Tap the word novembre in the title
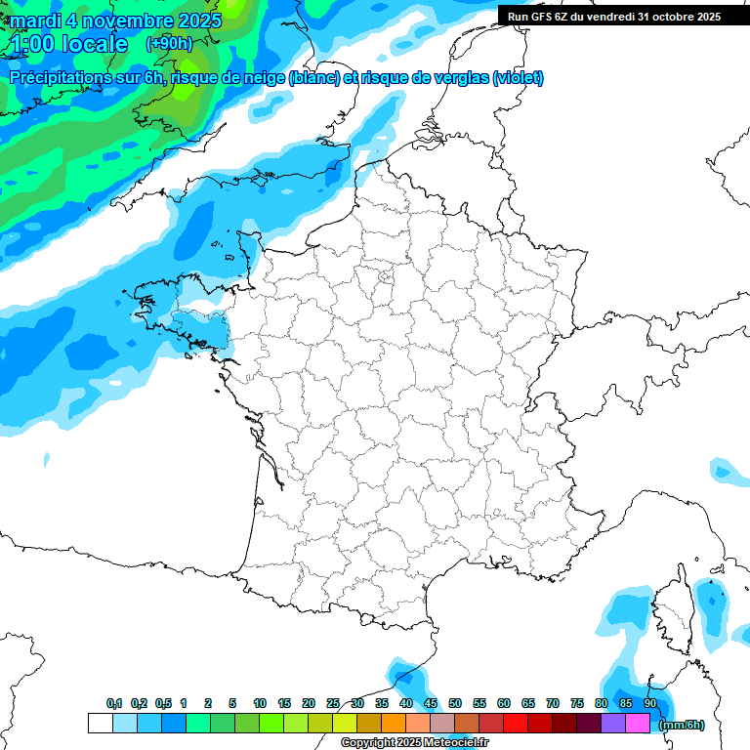click(122, 21)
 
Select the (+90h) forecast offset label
click(168, 44)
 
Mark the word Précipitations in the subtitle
click(58, 78)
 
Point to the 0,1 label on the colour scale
click(114, 703)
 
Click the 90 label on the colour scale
click(650, 703)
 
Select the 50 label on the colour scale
click(455, 703)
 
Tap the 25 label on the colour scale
click(333, 703)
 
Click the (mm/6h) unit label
click(682, 725)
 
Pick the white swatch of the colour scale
click(100, 723)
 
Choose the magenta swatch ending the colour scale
click(638, 723)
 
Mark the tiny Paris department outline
click(385, 276)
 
